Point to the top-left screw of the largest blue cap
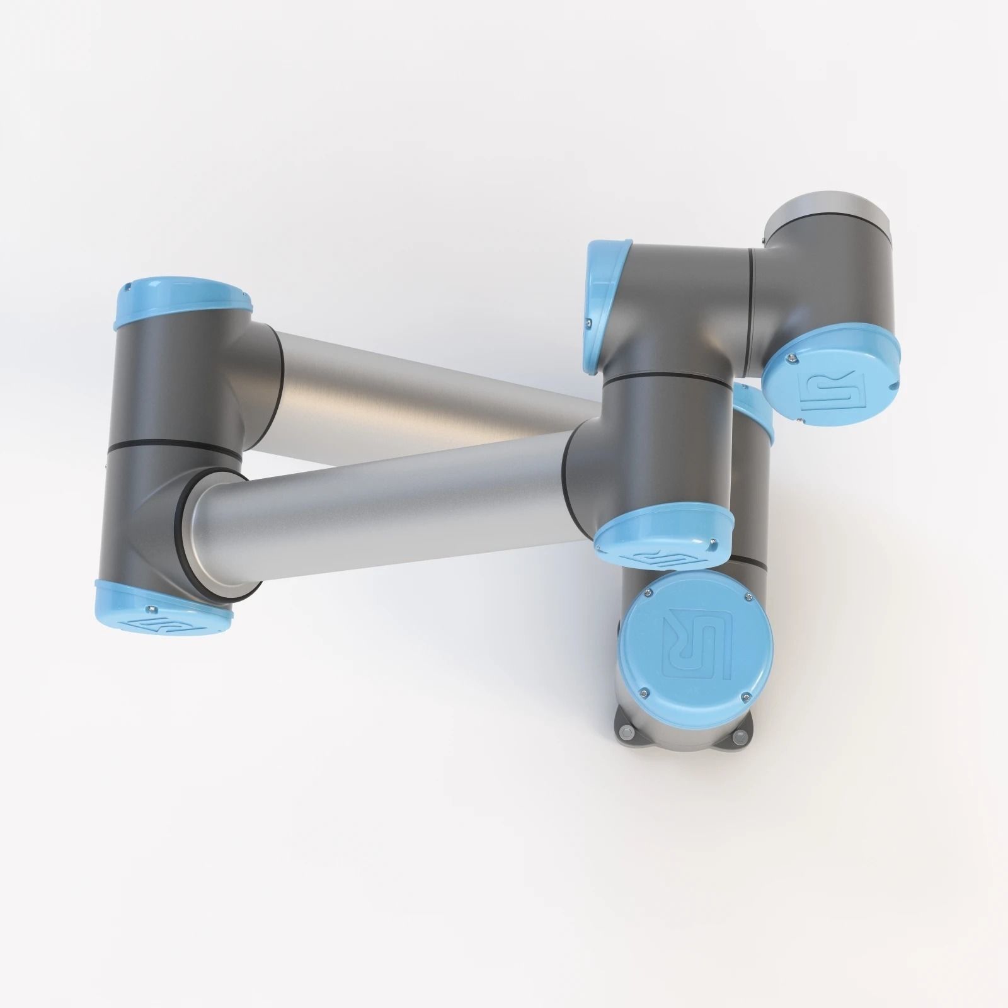click(x=647, y=590)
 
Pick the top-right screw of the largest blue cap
click(x=748, y=596)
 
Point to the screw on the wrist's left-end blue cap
click(x=589, y=323)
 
